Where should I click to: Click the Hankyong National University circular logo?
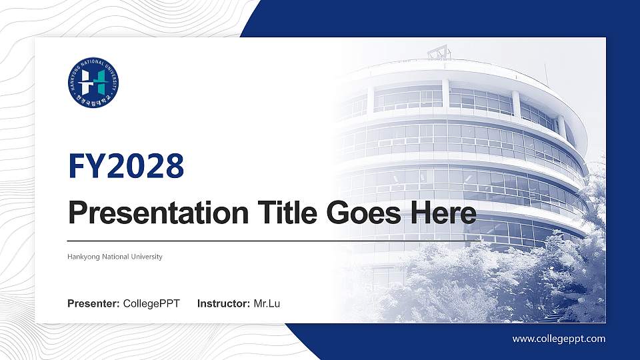point(93,83)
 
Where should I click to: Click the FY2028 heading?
point(126,167)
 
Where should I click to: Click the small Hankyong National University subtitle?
point(115,257)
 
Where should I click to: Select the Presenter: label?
point(93,304)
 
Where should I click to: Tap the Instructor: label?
point(224,304)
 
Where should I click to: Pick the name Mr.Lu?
point(267,304)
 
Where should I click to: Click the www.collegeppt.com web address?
point(559,339)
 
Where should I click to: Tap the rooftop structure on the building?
point(439,51)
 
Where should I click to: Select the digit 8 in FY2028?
point(174,167)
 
